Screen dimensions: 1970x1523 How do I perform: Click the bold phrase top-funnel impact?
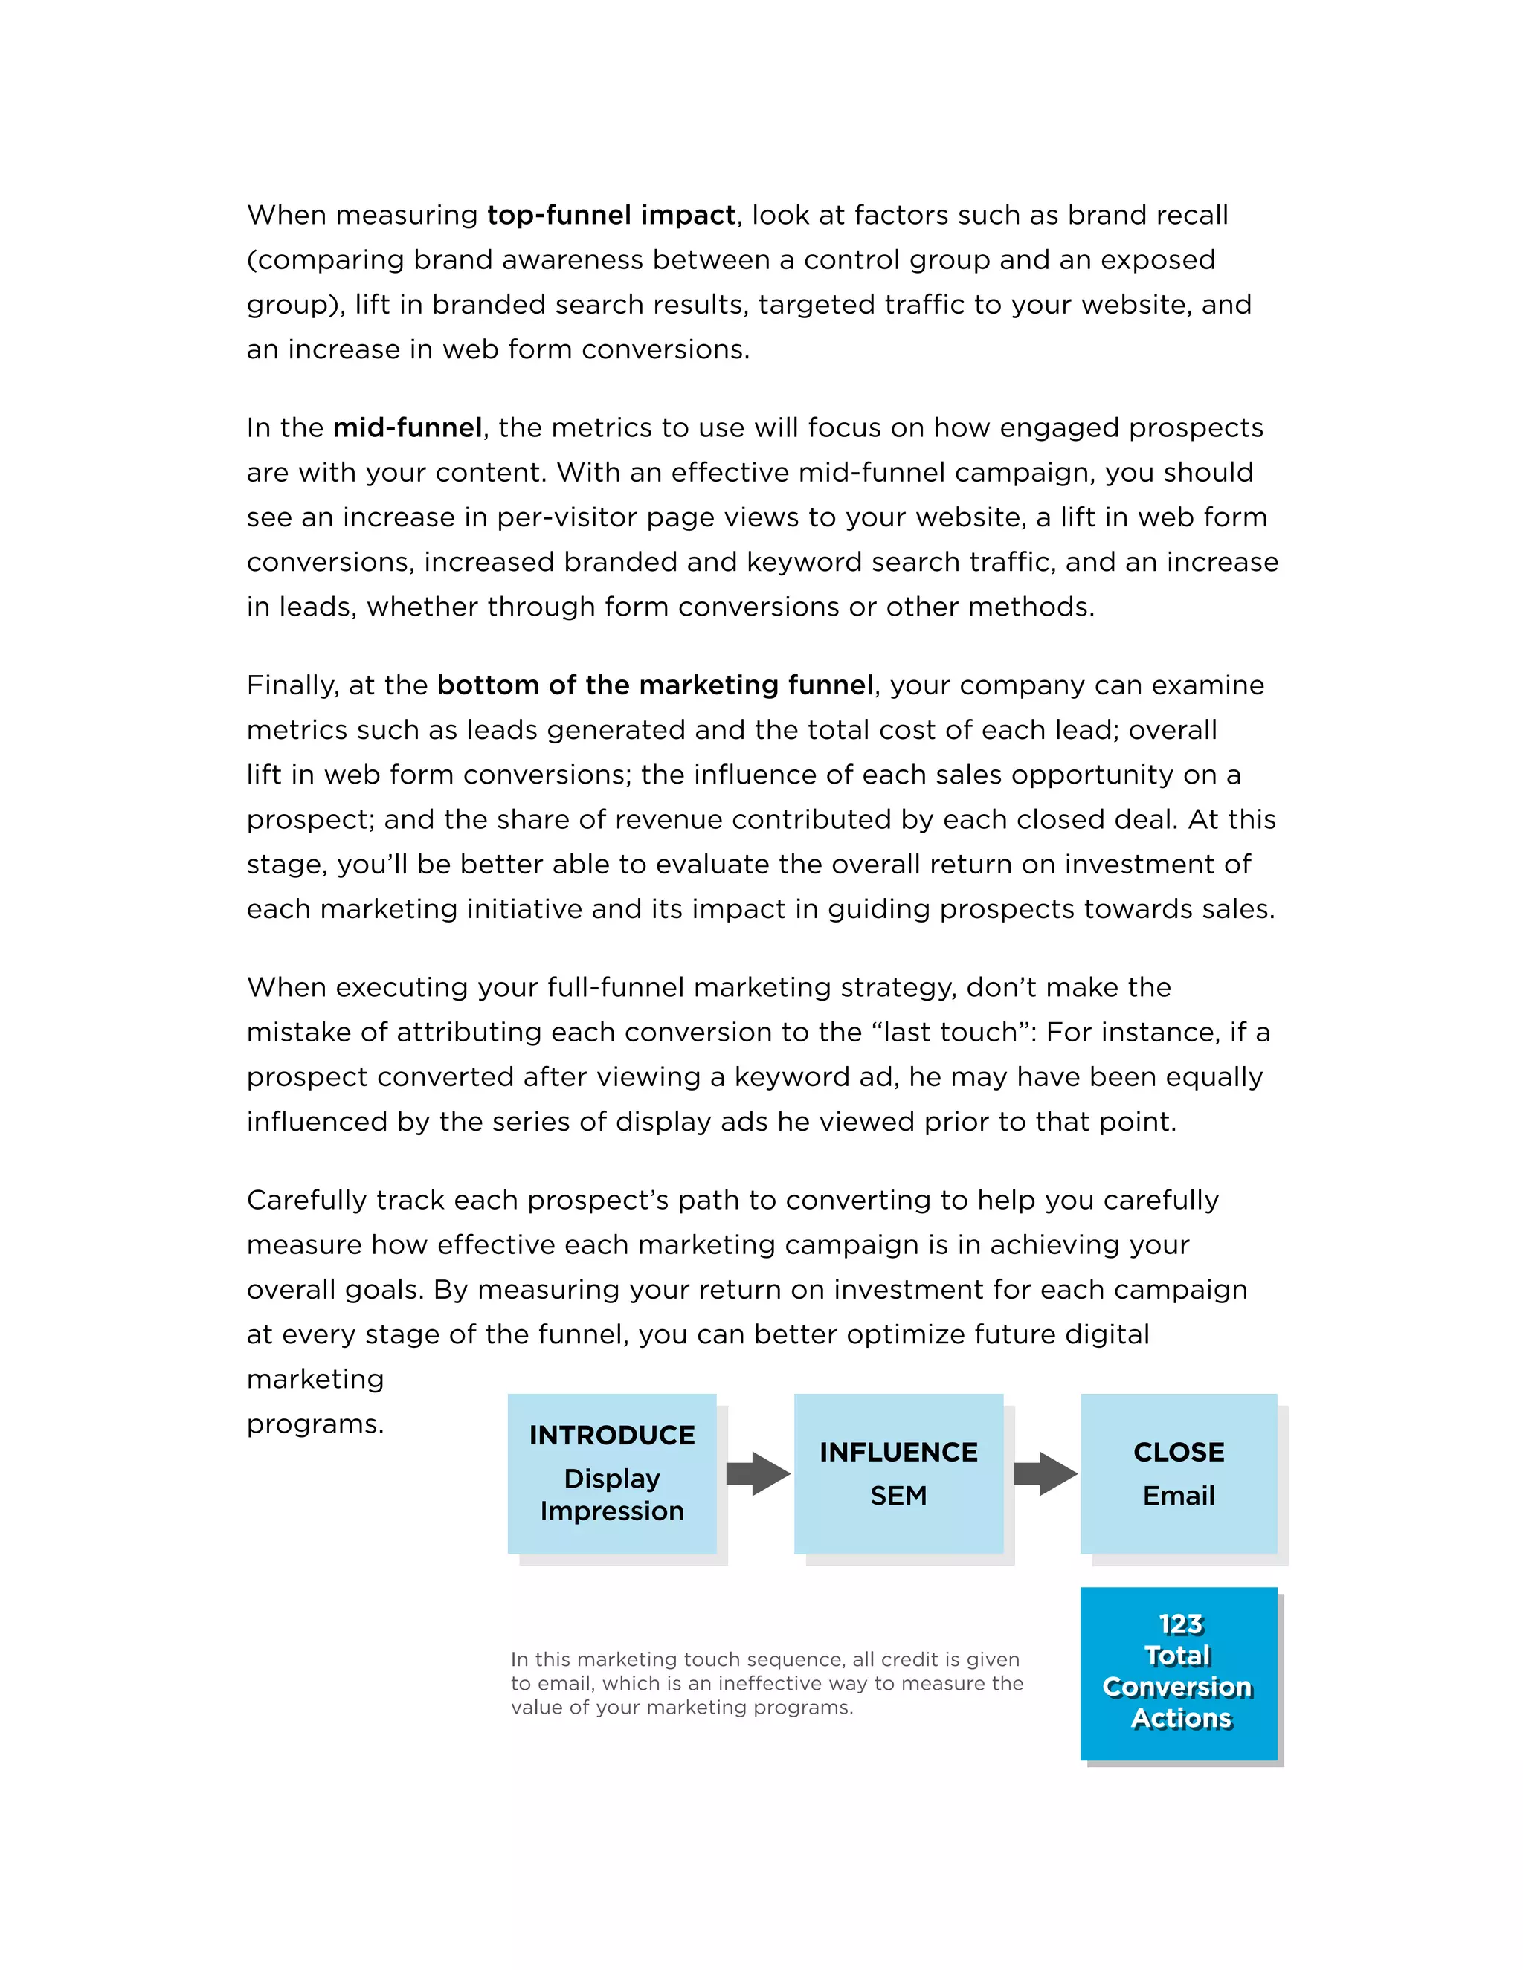[611, 216]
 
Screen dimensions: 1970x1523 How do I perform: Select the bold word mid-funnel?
[408, 427]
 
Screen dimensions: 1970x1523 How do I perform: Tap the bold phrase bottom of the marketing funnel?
[655, 685]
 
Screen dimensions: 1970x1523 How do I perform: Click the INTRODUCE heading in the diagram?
[612, 1435]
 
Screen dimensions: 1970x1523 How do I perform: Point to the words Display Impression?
[612, 1495]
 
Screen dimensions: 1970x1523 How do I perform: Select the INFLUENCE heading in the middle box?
[898, 1453]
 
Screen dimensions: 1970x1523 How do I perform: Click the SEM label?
[898, 1496]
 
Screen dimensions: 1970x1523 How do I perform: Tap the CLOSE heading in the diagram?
[1179, 1453]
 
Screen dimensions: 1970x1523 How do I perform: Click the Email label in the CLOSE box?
[1179, 1496]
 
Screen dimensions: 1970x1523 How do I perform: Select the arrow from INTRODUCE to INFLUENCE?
[757, 1474]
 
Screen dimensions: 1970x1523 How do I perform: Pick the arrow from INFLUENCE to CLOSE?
[1044, 1474]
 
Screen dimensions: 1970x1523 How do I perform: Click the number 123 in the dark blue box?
[1180, 1624]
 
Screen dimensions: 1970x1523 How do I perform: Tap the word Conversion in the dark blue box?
[1176, 1687]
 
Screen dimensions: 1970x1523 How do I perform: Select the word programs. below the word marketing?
[315, 1424]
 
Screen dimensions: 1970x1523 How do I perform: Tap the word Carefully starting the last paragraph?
[307, 1201]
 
